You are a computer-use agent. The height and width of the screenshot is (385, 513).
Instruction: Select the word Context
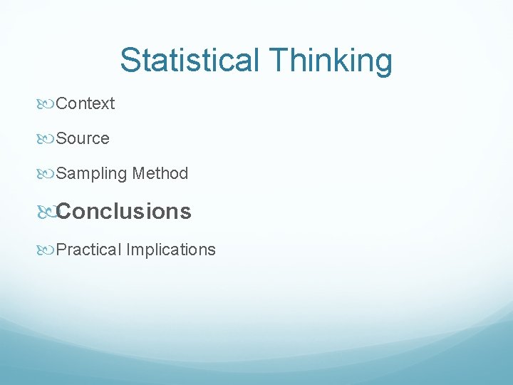coord(85,104)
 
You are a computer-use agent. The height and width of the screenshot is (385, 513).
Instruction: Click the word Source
coord(83,139)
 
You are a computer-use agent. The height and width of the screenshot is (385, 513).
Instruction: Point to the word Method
coord(160,173)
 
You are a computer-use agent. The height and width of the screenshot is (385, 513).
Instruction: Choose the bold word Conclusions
coord(124,212)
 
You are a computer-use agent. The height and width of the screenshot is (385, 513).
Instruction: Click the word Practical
coord(88,250)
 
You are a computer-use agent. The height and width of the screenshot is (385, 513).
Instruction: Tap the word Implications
coord(171,250)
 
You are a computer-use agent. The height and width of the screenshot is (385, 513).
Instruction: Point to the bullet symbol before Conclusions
coord(47,212)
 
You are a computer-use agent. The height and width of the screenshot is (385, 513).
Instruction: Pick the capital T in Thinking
coord(279,61)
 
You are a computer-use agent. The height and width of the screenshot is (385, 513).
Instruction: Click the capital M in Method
coord(140,173)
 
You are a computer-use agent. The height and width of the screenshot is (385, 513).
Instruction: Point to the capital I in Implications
coord(128,250)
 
